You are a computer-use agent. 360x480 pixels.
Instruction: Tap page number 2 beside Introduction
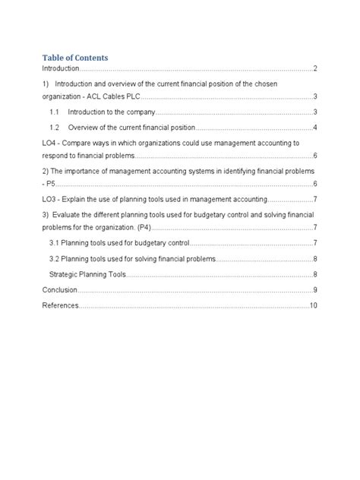pyautogui.click(x=314, y=69)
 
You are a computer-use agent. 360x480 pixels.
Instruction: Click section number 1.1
pyautogui.click(x=55, y=112)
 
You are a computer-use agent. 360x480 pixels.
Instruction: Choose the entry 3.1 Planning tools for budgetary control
pyautogui.click(x=118, y=243)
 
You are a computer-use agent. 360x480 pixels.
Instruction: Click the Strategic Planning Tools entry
pyautogui.click(x=87, y=273)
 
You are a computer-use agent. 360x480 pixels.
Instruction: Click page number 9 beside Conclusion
pyautogui.click(x=314, y=289)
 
